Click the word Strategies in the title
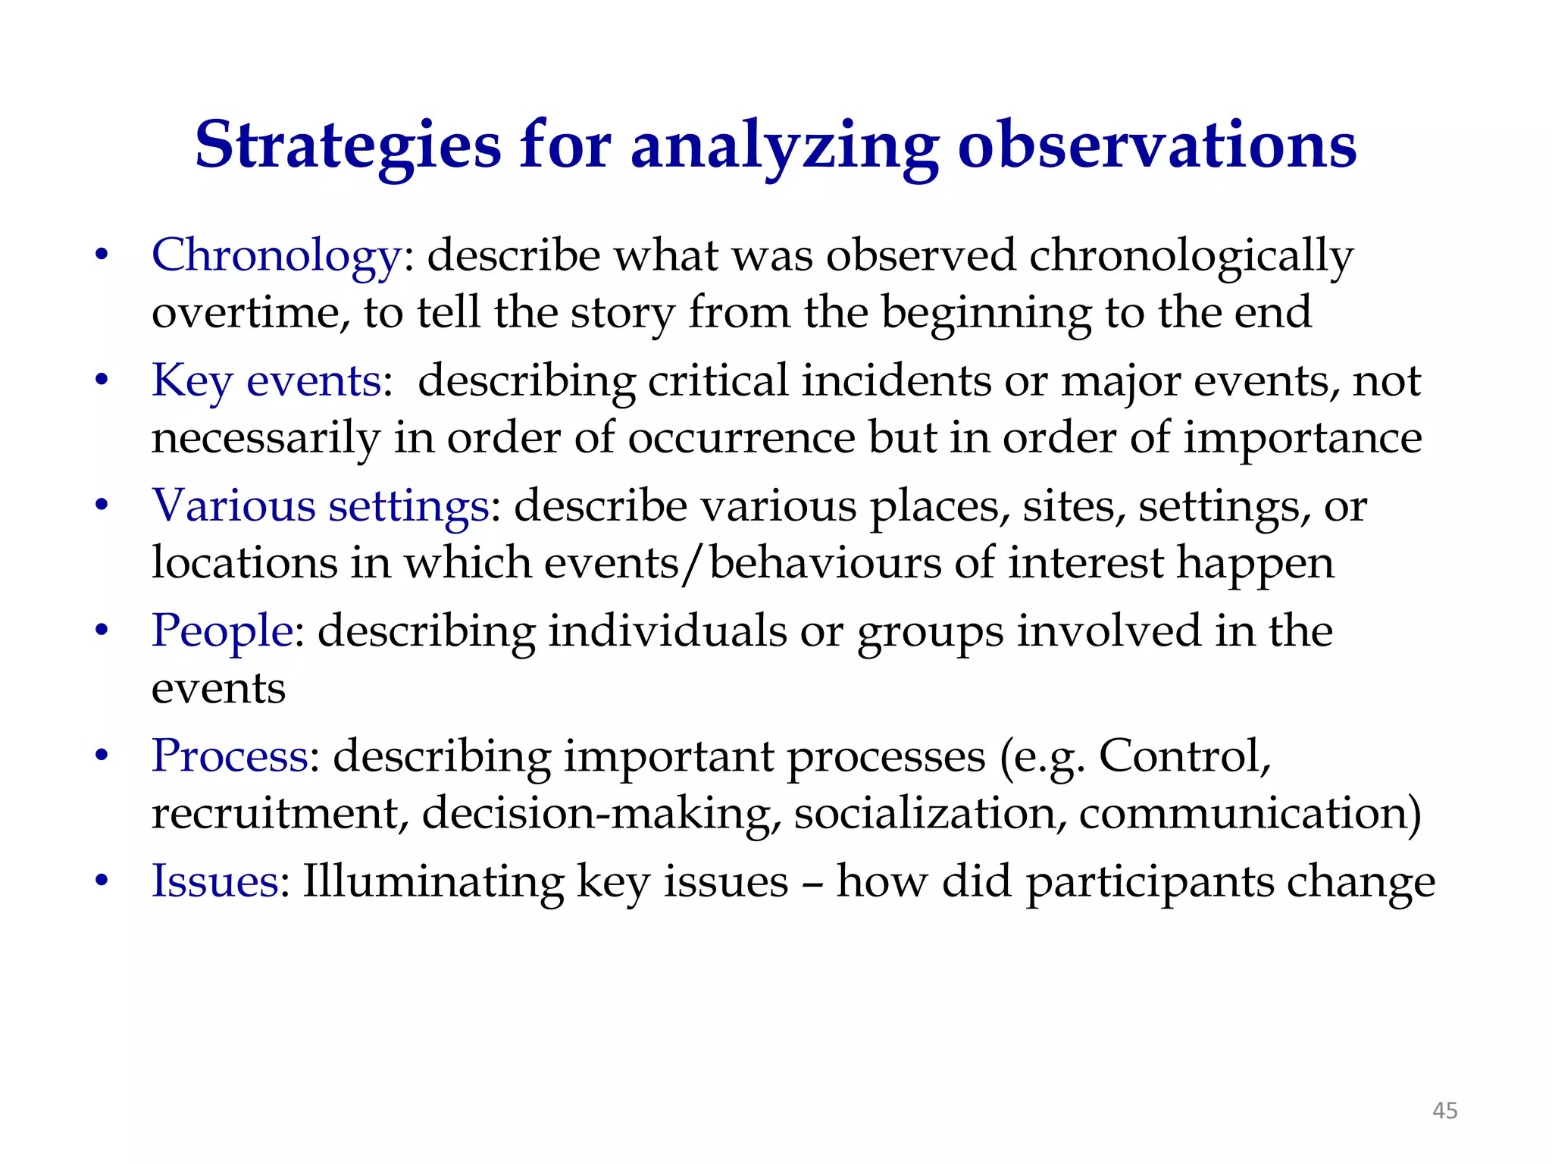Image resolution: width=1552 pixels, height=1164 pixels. pyautogui.click(x=348, y=145)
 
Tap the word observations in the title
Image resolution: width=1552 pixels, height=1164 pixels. pyautogui.click(x=1157, y=145)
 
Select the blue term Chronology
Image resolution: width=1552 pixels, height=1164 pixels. pyautogui.click(x=276, y=256)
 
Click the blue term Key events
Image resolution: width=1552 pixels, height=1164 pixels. pyautogui.click(x=267, y=381)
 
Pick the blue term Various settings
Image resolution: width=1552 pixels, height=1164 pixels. pyautogui.click(x=321, y=506)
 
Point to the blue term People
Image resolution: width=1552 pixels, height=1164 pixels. pyautogui.click(x=222, y=631)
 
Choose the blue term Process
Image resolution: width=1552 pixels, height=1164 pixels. pyautogui.click(x=230, y=756)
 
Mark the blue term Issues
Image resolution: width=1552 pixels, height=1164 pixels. pyautogui.click(x=215, y=881)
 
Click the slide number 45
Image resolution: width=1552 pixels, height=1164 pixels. pyautogui.click(x=1444, y=1111)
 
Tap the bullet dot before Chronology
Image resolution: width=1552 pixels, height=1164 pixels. pyautogui.click(x=102, y=256)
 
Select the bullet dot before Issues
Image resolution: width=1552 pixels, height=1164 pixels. pyautogui.click(x=102, y=881)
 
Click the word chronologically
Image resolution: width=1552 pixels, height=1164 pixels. pyautogui.click(x=1191, y=256)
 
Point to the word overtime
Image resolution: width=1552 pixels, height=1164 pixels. pyautogui.click(x=250, y=313)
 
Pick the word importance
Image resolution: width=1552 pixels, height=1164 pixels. pyautogui.click(x=1302, y=438)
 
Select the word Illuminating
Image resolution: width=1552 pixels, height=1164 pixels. pyautogui.click(x=433, y=881)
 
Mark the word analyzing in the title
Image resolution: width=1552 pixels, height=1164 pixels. pyautogui.click(x=784, y=145)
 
